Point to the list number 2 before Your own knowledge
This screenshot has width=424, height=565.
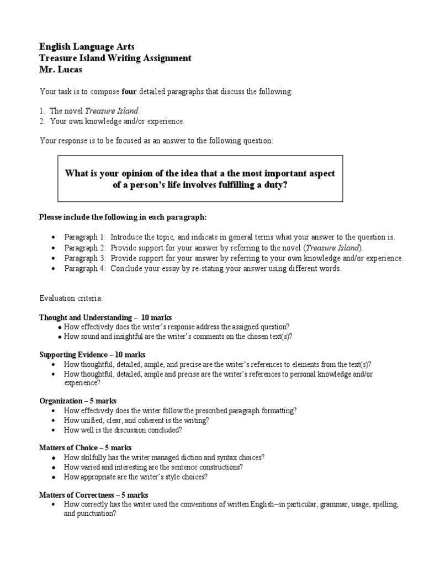tap(42, 121)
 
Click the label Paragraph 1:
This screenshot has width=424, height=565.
tap(85, 237)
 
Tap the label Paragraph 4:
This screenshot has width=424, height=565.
tap(85, 269)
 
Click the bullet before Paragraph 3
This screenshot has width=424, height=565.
tap(52, 258)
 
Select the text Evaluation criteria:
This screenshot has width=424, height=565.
tap(71, 298)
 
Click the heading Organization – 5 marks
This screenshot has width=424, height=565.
tap(78, 401)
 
